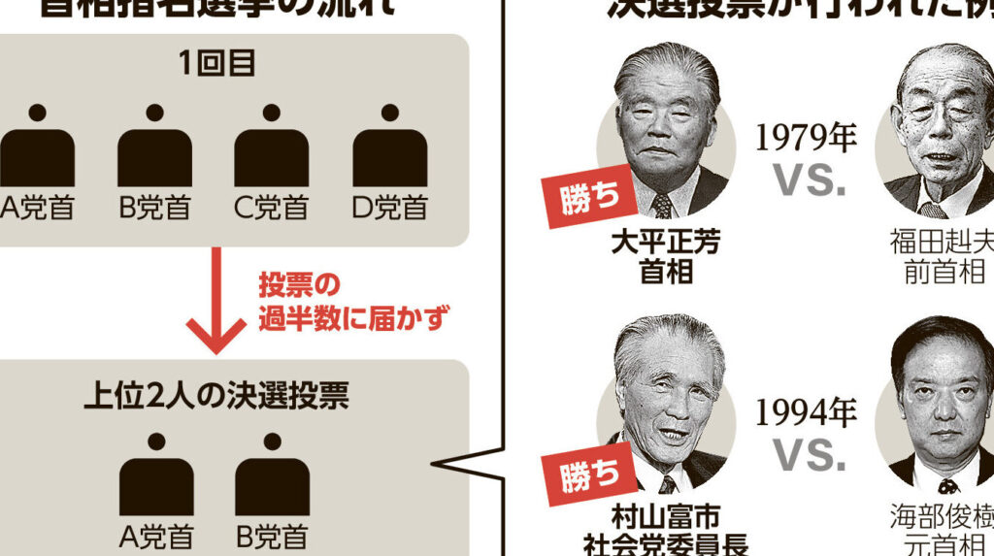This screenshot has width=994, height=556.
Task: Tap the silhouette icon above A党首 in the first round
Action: coord(36,146)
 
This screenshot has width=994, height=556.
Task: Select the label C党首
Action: coord(271,208)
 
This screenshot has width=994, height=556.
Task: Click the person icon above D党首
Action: coord(388,146)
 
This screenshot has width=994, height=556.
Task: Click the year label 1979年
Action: coord(806,138)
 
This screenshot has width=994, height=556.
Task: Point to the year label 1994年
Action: coord(806,413)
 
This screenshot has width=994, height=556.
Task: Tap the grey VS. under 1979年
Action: coord(808,180)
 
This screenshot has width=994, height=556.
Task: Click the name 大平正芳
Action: coord(666,243)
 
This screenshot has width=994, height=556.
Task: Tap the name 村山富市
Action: coord(666,516)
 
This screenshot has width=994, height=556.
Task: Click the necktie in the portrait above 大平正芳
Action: coord(662,206)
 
